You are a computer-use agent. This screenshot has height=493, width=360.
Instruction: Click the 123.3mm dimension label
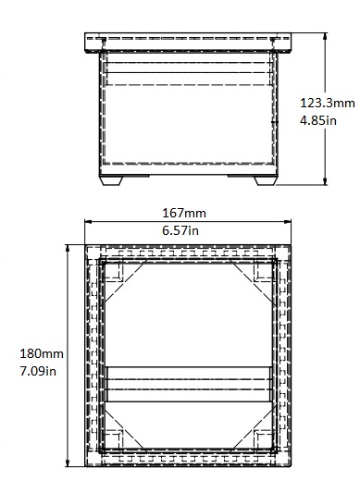pyautogui.click(x=328, y=103)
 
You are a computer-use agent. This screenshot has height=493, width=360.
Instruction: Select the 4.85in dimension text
pyautogui.click(x=318, y=120)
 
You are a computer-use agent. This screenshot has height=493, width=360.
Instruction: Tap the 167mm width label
pyautogui.click(x=184, y=213)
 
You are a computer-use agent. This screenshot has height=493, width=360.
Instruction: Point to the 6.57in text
pyautogui.click(x=180, y=230)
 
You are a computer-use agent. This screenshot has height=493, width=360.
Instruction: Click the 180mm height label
pyautogui.click(x=42, y=353)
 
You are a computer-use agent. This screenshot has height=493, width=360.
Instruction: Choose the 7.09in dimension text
pyautogui.click(x=38, y=371)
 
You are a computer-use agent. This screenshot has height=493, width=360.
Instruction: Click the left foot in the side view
pyautogui.click(x=111, y=180)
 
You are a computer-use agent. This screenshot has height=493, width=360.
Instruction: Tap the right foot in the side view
pyautogui.click(x=265, y=180)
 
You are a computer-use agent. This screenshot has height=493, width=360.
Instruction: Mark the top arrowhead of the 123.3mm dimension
pyautogui.click(x=325, y=36)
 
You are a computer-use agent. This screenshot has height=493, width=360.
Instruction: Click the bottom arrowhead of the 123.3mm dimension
pyautogui.click(x=325, y=181)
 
